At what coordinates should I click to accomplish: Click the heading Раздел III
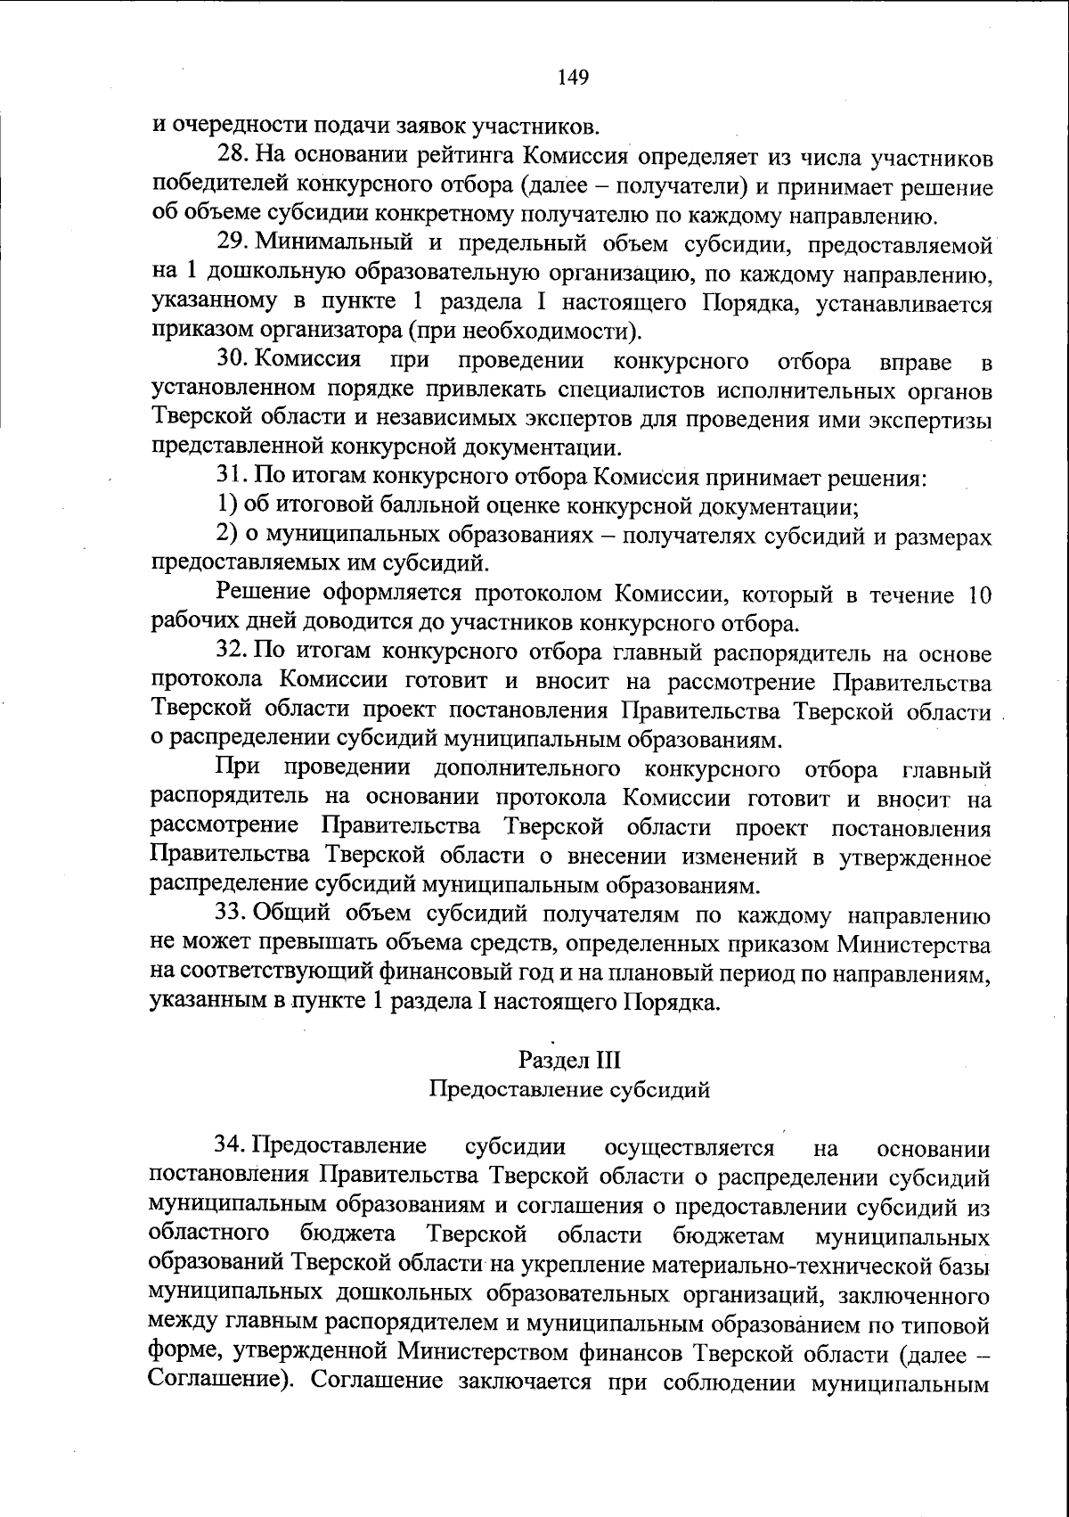pyautogui.click(x=569, y=1060)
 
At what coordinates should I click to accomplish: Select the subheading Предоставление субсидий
pyautogui.click(x=569, y=1089)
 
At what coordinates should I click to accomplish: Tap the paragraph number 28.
pyautogui.click(x=234, y=157)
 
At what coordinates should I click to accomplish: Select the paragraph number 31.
pyautogui.click(x=234, y=477)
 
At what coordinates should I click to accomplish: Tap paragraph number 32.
pyautogui.click(x=234, y=653)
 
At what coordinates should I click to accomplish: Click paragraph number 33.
pyautogui.click(x=234, y=914)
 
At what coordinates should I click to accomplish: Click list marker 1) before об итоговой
pyautogui.click(x=227, y=506)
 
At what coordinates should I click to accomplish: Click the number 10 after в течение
pyautogui.click(x=978, y=595)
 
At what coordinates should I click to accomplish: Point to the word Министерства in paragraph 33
pyautogui.click(x=912, y=943)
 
